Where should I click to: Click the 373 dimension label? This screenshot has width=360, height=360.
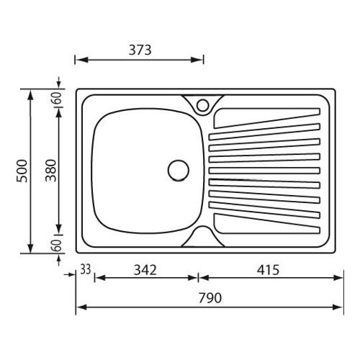pyautogui.click(x=140, y=50)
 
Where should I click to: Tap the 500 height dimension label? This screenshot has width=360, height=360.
pyautogui.click(x=22, y=171)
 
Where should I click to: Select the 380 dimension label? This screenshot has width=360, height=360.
pyautogui.click(x=51, y=171)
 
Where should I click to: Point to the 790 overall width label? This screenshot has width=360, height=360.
pyautogui.click(x=210, y=298)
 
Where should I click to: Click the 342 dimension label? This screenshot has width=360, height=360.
pyautogui.click(x=145, y=270)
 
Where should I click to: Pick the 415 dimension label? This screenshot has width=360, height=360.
pyautogui.click(x=268, y=270)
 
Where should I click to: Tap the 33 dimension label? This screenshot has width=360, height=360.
pyautogui.click(x=86, y=269)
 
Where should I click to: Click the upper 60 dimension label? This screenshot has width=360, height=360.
pyautogui.click(x=58, y=98)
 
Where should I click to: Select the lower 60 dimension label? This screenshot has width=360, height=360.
pyautogui.click(x=58, y=246)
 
